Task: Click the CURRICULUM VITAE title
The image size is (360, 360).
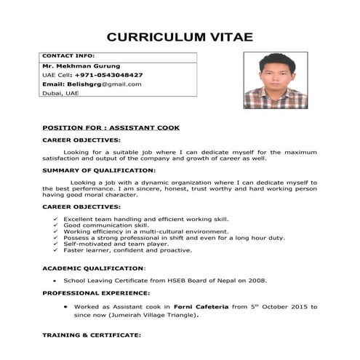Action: pos(179,37)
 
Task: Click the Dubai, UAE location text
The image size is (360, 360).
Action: pos(60,93)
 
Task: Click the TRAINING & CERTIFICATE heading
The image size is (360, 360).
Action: pos(91,335)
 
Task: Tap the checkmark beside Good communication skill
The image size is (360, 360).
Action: pos(57,225)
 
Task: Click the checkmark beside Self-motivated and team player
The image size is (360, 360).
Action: pos(57,244)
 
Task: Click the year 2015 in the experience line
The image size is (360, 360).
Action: pos(287,307)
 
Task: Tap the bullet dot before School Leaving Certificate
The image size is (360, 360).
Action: pos(56,280)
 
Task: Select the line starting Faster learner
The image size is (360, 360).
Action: pos(127,250)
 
